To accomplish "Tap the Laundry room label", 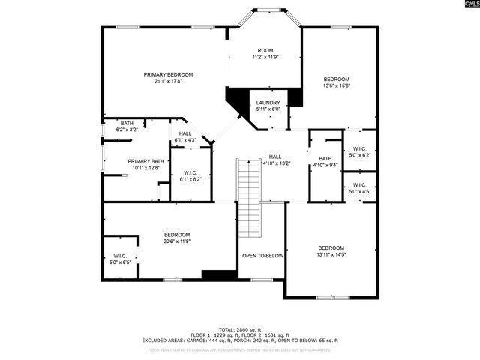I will click(268, 103).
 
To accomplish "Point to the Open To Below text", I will click(262, 256).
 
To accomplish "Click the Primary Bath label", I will click(136, 160).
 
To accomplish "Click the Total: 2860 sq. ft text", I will click(240, 329).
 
